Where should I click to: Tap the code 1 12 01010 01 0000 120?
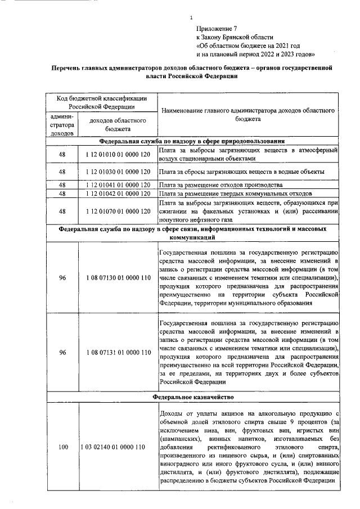click(118, 155)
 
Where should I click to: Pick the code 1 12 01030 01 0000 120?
click(118, 172)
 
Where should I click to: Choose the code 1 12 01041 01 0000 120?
click(118, 185)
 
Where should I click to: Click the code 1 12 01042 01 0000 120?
click(118, 193)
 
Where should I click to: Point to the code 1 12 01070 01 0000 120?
click(118, 211)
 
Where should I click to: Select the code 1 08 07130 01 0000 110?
click(118, 278)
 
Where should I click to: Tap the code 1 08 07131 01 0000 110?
click(118, 353)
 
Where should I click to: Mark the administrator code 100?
click(62, 447)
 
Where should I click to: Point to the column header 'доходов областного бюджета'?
click(118, 124)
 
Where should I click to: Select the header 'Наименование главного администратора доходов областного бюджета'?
click(248, 115)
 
